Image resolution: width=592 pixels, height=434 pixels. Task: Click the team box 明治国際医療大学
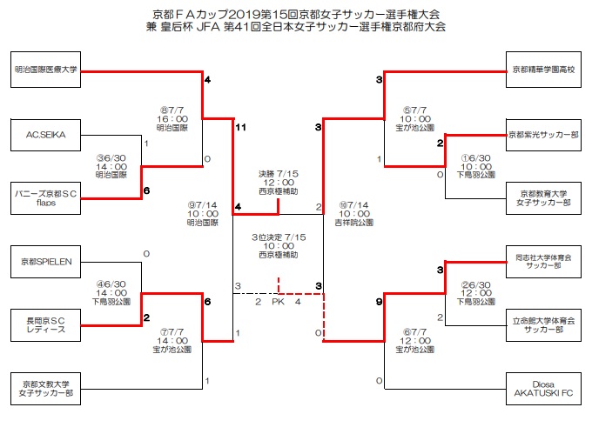pos(46,70)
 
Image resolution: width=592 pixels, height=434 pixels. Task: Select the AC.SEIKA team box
pos(46,135)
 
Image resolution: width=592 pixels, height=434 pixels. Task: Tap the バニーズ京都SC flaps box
pos(46,194)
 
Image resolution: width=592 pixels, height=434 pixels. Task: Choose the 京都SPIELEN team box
pos(46,260)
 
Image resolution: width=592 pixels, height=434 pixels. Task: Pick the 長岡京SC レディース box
pos(46,323)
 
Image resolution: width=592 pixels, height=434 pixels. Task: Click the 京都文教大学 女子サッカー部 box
pos(46,388)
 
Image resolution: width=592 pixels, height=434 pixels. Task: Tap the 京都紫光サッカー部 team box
pos(542,135)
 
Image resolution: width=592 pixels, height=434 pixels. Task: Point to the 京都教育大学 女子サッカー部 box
pos(542,197)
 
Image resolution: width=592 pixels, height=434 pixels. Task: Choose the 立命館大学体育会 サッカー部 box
pos(542,323)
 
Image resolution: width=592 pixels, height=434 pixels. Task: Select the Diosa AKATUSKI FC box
pos(542,388)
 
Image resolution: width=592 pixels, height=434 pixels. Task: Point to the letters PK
pos(278,302)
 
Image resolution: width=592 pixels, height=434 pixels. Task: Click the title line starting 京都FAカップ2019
pos(296,13)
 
